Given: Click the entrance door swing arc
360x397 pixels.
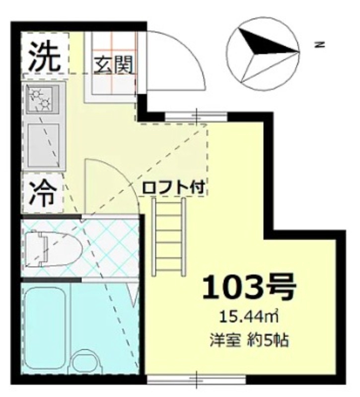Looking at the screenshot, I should coord(176,60).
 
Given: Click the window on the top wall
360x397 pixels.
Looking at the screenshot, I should coord(196,117).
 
